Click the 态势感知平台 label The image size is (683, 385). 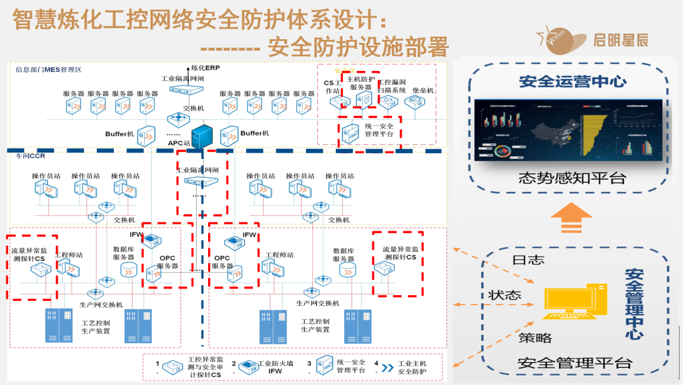pyautogui.click(x=572, y=178)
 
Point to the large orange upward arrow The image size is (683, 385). pyautogui.click(x=571, y=218)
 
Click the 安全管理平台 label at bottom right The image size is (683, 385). pyautogui.click(x=574, y=363)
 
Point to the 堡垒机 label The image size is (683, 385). pyautogui.click(x=423, y=91)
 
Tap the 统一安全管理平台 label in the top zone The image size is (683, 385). pyautogui.click(x=379, y=130)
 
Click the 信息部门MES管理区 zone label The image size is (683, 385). pyautogui.click(x=49, y=70)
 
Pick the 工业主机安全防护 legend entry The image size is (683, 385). pyautogui.click(x=414, y=367)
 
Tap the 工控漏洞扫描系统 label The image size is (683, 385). pyautogui.click(x=392, y=86)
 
